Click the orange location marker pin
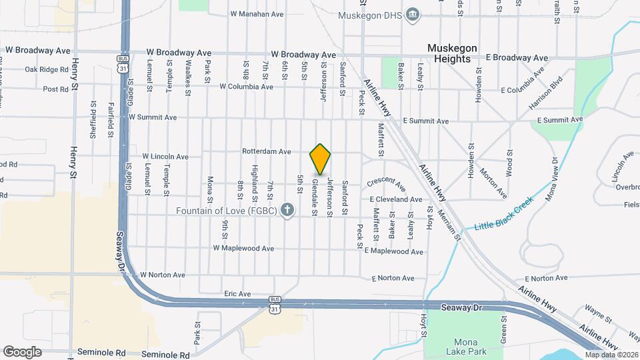pos(321,159)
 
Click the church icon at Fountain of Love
pos(287,211)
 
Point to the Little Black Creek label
pos(505,213)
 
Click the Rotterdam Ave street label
pos(267,151)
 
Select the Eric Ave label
pos(237,293)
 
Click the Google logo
pos(22,352)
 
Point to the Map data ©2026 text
pos(611,355)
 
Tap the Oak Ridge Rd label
pos(47,69)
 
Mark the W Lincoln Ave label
pos(165,157)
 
